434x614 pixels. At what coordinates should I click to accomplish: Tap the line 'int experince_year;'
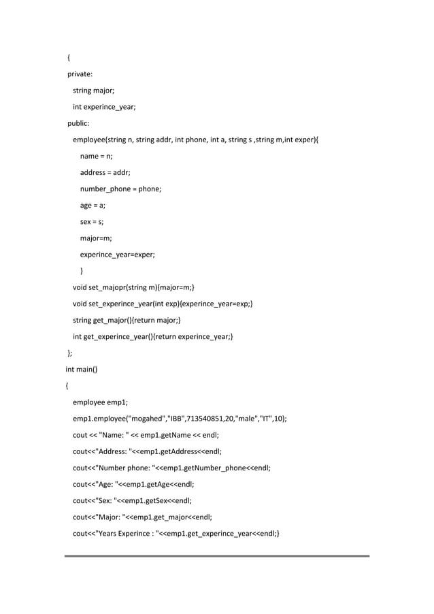tap(104, 107)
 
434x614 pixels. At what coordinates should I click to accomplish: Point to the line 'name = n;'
tap(96, 156)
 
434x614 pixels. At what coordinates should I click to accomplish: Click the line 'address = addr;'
tap(105, 173)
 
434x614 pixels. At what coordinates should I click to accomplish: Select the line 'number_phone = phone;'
tap(120, 189)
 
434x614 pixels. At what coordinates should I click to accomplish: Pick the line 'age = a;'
tap(93, 206)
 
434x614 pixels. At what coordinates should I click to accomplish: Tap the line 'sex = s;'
tap(92, 222)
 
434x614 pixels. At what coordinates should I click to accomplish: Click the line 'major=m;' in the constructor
tap(96, 238)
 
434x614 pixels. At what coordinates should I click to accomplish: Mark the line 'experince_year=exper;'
tap(117, 255)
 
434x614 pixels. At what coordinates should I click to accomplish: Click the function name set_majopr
tap(112, 288)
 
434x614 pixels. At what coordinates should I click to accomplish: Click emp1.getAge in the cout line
tap(156, 485)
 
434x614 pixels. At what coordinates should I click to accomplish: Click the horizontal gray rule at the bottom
tap(217, 556)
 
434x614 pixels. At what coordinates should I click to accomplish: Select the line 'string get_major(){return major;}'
tap(127, 321)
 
